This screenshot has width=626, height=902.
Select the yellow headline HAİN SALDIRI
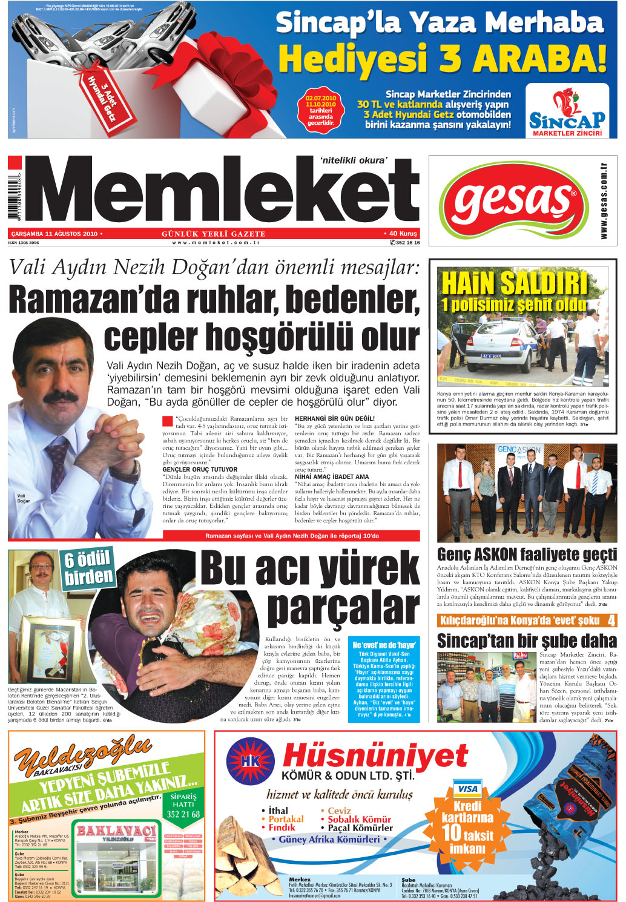(x=515, y=283)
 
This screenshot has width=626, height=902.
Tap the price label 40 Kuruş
(x=401, y=234)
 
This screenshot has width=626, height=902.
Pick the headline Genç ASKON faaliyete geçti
(x=527, y=555)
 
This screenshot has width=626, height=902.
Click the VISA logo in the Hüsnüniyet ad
(x=467, y=789)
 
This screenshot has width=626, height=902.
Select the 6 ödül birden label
(x=88, y=567)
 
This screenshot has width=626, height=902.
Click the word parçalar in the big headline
(x=343, y=608)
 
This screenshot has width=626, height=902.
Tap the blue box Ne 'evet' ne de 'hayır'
(x=384, y=645)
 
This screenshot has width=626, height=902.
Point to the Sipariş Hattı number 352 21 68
(x=183, y=814)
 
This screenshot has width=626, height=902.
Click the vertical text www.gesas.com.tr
(x=604, y=200)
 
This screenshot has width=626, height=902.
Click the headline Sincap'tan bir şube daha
(x=527, y=640)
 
